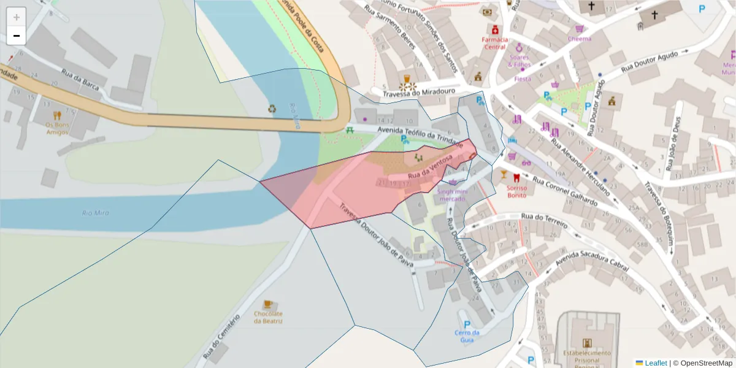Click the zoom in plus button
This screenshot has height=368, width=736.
(x=17, y=17)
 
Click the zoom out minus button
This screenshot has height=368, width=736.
(x=17, y=36)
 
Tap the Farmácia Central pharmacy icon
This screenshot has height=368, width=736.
(x=494, y=29)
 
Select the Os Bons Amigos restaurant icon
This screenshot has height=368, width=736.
(x=58, y=115)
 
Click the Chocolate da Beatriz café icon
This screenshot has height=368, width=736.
(x=267, y=304)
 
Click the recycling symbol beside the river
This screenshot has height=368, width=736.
(x=272, y=109)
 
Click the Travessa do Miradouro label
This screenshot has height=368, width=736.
(x=419, y=92)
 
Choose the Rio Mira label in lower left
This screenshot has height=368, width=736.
(x=95, y=213)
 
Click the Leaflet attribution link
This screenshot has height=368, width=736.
(x=656, y=362)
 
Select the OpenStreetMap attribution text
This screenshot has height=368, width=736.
(x=703, y=362)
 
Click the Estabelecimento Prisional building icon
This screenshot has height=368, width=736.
(x=587, y=343)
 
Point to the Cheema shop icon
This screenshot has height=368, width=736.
(x=579, y=29)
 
